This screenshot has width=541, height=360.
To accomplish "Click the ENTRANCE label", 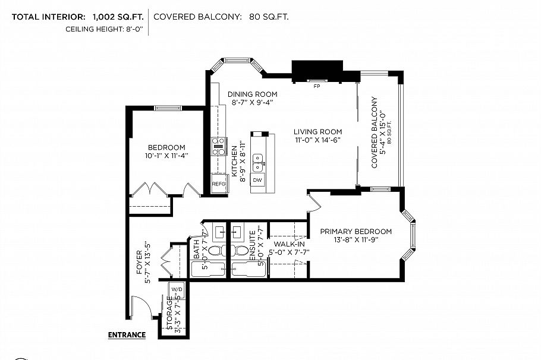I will click(127, 334).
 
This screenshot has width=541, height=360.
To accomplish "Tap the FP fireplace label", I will click(317, 86).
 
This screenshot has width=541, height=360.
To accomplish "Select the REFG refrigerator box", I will click(219, 184).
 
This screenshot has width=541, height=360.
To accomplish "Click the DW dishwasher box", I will click(257, 179).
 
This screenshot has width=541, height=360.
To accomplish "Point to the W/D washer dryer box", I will click(177, 289).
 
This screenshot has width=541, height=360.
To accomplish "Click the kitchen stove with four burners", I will click(219, 146).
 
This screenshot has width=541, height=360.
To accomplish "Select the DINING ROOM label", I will click(253, 94).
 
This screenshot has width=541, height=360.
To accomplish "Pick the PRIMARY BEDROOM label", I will click(356, 231).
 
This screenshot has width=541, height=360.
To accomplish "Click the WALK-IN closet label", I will click(288, 244).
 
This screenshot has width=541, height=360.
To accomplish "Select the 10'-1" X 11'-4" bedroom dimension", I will click(166, 156).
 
